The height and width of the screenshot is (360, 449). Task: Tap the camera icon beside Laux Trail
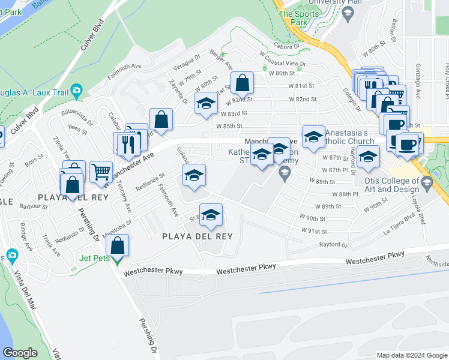76,91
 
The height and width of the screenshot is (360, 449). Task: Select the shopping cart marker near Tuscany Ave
101,171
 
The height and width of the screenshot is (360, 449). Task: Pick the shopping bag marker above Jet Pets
118,245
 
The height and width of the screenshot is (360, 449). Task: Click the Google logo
20,353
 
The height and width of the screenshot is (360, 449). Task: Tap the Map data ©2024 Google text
411,355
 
